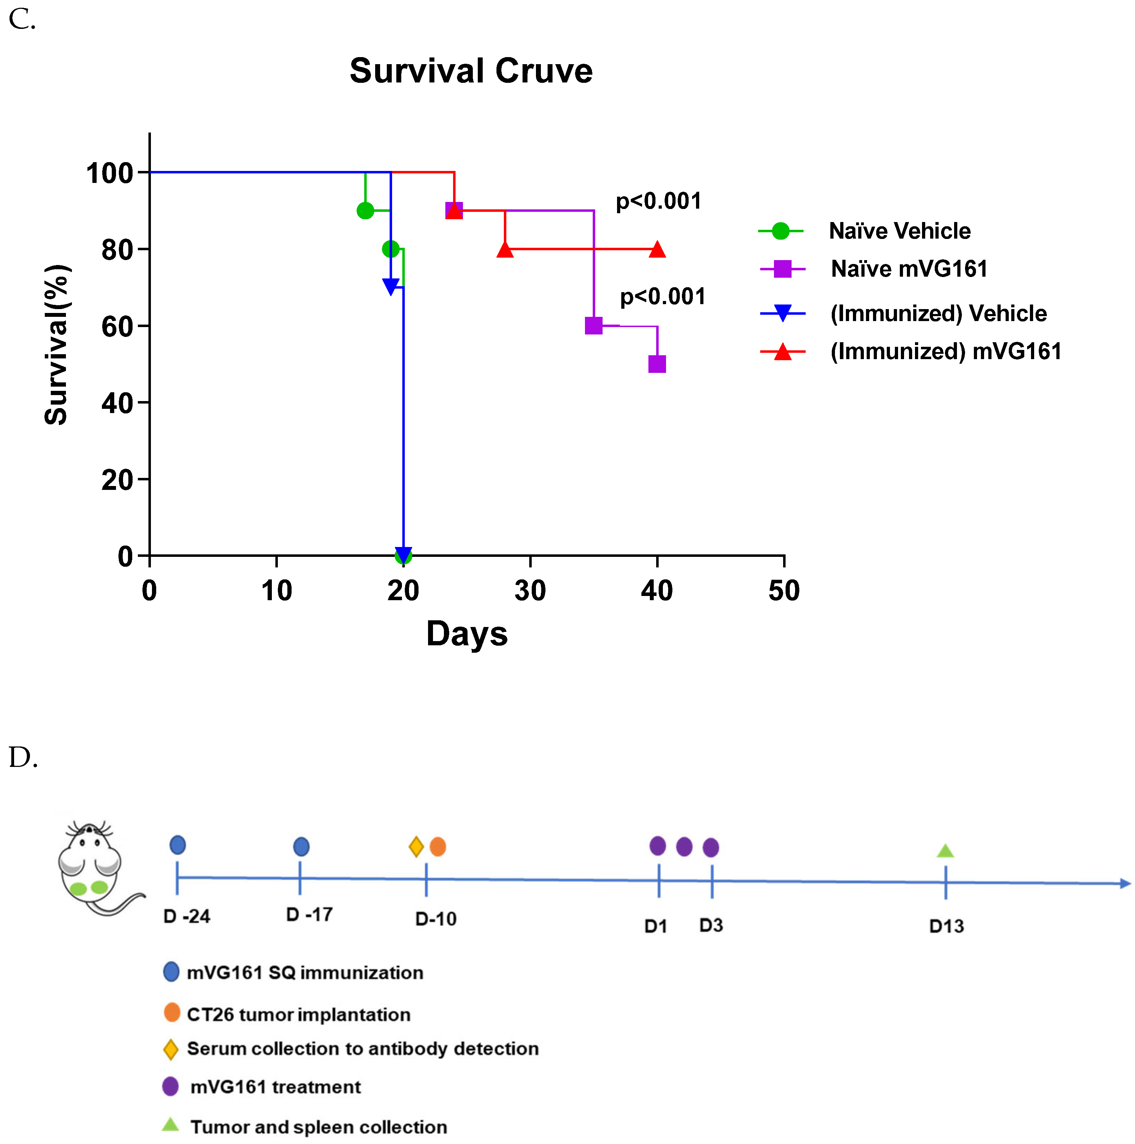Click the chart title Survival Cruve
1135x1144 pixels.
pos(471,71)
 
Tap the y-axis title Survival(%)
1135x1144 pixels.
pos(57,345)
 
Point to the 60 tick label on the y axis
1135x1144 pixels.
pos(117,326)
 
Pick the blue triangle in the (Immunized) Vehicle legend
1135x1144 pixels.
pos(782,313)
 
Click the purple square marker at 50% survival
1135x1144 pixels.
pos(657,364)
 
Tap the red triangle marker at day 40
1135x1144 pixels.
pos(657,249)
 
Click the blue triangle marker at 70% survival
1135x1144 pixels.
pos(390,287)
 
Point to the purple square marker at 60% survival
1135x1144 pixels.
pos(593,326)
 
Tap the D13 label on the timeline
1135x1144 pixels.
pos(946,926)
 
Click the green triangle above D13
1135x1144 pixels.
pos(945,851)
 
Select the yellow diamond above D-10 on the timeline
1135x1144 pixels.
pos(416,847)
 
